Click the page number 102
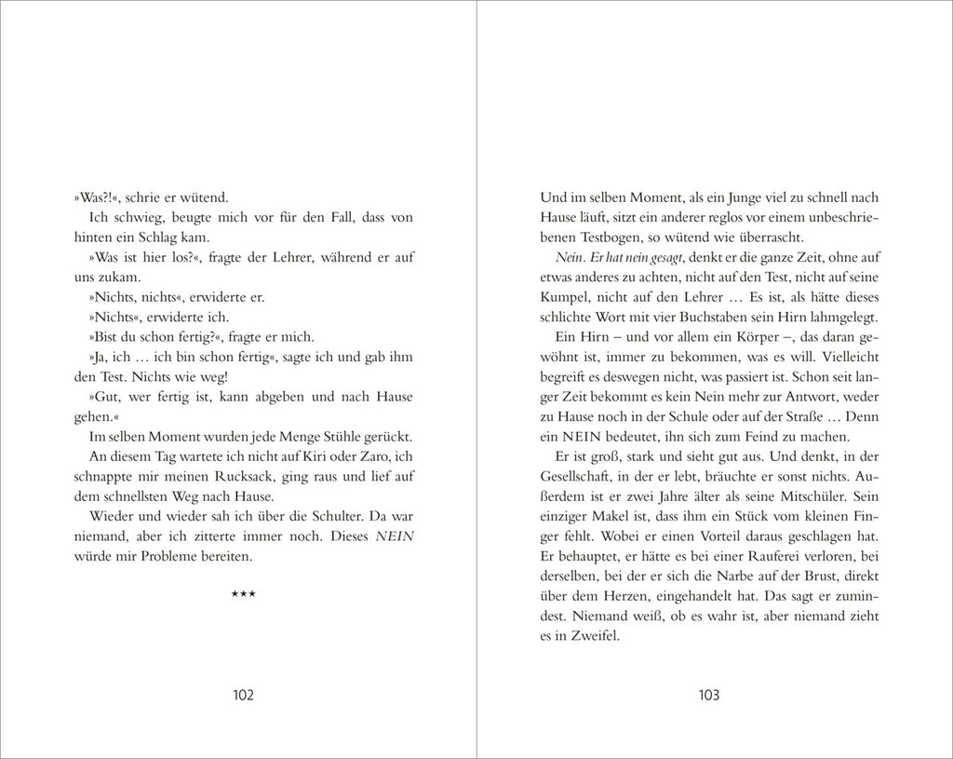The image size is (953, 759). tap(243, 695)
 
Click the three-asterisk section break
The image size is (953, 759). tap(243, 595)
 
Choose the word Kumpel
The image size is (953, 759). tap(564, 297)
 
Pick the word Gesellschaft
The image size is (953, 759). tap(579, 477)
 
